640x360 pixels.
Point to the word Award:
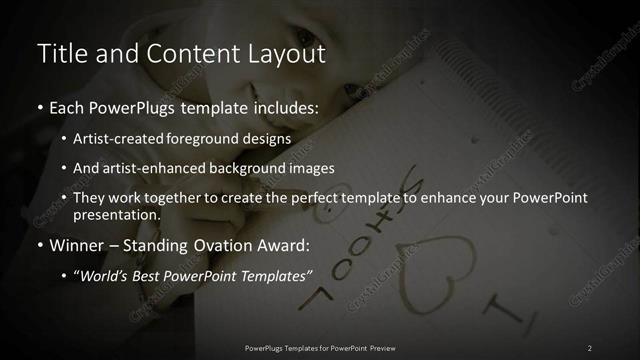pyautogui.click(x=287, y=243)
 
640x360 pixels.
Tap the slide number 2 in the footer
pyautogui.click(x=589, y=347)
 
